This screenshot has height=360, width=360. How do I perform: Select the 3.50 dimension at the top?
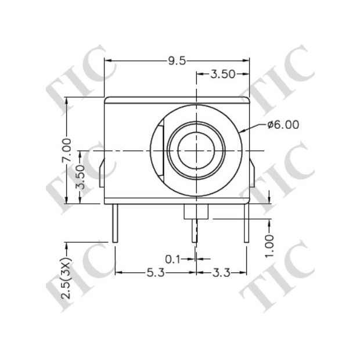pos(222,74)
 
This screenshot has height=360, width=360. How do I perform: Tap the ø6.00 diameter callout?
pos(283,124)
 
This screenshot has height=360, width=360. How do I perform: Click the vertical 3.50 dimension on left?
pos(82,177)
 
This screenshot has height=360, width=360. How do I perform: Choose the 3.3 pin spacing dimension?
pos(219,272)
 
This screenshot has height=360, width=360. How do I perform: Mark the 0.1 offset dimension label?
pos(172,258)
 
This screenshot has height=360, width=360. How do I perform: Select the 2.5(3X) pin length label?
pos(67,278)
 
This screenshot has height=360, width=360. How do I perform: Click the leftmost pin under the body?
pos(116,223)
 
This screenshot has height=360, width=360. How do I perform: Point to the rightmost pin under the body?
pos(247,223)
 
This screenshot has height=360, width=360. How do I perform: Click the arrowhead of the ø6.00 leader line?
pos(239,131)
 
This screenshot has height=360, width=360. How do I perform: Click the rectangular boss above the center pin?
pos(196,211)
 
